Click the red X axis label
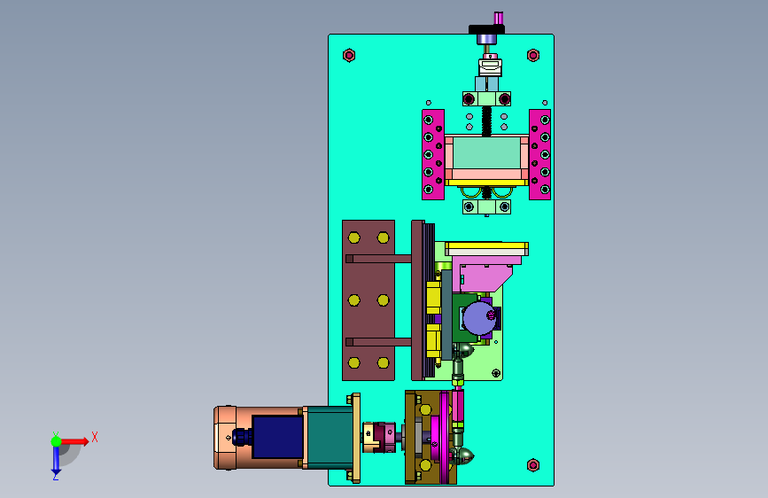coord(95,437)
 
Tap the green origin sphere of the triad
coord(57,441)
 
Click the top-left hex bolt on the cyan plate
coord(349,56)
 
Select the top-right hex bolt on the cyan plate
coord(533,56)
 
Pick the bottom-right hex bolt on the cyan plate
coord(533,464)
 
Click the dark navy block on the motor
coord(277,437)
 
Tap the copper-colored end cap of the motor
coord(225,438)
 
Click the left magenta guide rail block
coord(433,154)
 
